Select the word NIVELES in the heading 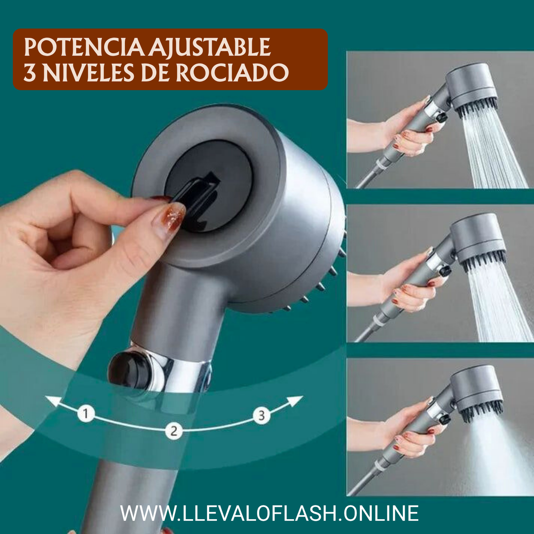[88, 73]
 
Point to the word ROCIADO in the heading [232, 73]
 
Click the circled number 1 [86, 413]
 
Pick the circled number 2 [174, 431]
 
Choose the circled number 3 [262, 415]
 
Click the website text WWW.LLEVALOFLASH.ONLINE [269, 513]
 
